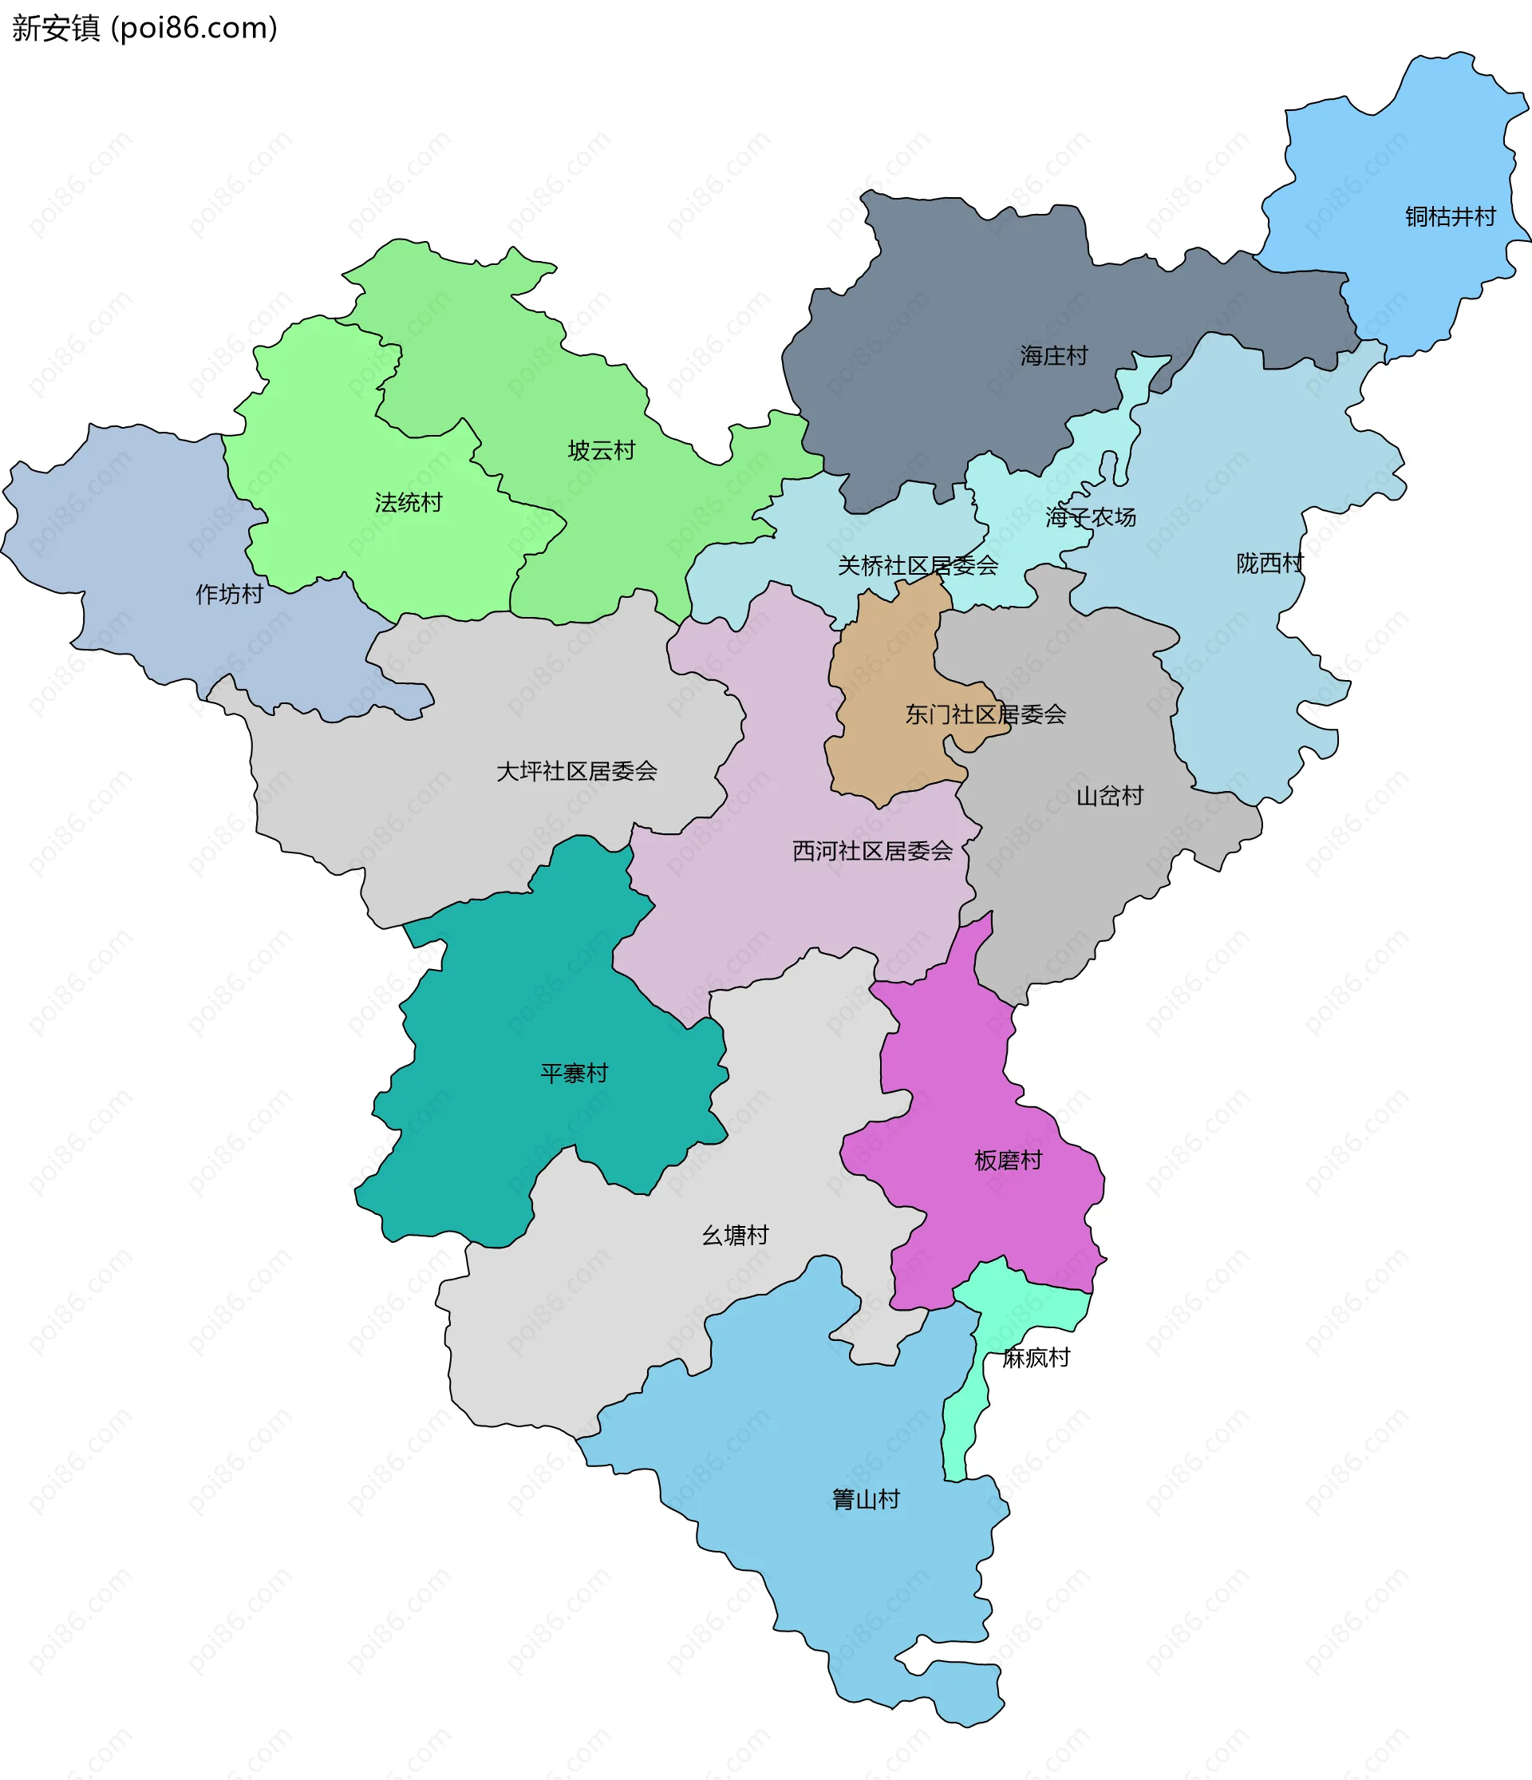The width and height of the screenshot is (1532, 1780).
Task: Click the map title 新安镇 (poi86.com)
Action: tap(144, 29)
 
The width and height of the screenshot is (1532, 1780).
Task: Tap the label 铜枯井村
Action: tap(1450, 216)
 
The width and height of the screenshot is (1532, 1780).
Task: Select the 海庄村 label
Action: tap(1054, 356)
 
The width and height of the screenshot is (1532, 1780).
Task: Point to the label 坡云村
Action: tap(601, 450)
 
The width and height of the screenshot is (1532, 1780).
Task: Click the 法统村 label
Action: tap(408, 503)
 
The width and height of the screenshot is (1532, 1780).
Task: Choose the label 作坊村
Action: tap(229, 594)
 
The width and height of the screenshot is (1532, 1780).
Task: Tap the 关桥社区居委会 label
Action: tap(917, 565)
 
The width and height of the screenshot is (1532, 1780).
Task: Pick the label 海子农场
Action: tap(1091, 517)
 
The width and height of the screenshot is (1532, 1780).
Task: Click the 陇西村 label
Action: tap(1269, 564)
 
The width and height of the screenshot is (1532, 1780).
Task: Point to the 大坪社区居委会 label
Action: tap(576, 771)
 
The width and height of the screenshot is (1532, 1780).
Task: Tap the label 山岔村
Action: tap(1109, 797)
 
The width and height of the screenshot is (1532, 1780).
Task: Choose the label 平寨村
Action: tap(574, 1073)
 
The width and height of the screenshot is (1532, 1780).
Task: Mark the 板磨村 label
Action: tap(1008, 1161)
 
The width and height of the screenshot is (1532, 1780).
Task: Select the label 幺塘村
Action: tap(735, 1236)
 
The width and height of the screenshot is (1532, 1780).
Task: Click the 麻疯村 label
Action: tap(1036, 1357)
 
